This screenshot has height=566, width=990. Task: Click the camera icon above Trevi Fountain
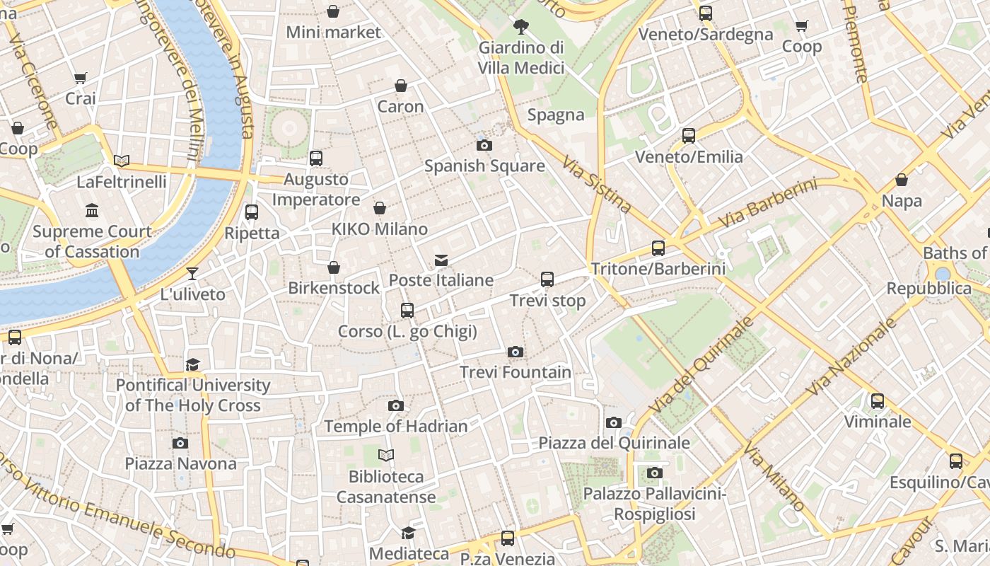pyautogui.click(x=516, y=352)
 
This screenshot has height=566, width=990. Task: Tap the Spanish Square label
pyautogui.click(x=484, y=166)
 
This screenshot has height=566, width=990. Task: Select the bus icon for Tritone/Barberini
pyautogui.click(x=658, y=248)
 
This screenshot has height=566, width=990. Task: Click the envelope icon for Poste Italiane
pyautogui.click(x=441, y=260)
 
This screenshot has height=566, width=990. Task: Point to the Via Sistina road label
pyautogui.click(x=598, y=185)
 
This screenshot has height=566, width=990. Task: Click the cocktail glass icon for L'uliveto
pyautogui.click(x=192, y=273)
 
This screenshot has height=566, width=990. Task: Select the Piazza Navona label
pyautogui.click(x=180, y=463)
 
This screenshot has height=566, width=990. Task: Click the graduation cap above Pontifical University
pyautogui.click(x=192, y=364)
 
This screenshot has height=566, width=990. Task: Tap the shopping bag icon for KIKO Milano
pyautogui.click(x=380, y=208)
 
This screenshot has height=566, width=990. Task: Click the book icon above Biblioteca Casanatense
pyautogui.click(x=386, y=455)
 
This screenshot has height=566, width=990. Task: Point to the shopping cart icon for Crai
pyautogui.click(x=81, y=78)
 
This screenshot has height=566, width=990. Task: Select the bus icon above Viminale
pyautogui.click(x=878, y=401)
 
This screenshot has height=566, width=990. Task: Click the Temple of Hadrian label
pyautogui.click(x=396, y=426)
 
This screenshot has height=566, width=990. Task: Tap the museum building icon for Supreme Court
pyautogui.click(x=92, y=211)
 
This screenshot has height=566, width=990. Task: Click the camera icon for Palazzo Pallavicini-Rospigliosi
pyautogui.click(x=655, y=473)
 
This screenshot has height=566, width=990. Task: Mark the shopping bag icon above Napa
pyautogui.click(x=902, y=180)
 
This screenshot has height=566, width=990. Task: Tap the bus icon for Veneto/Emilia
pyautogui.click(x=689, y=136)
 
